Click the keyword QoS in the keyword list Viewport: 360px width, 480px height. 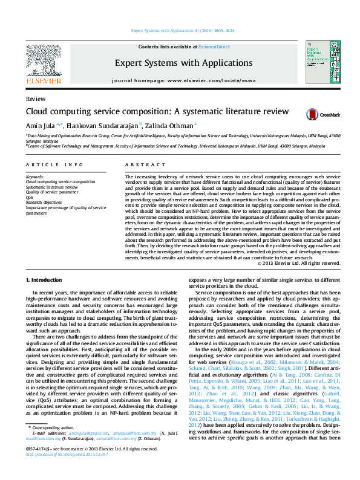[x=30, y=197]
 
